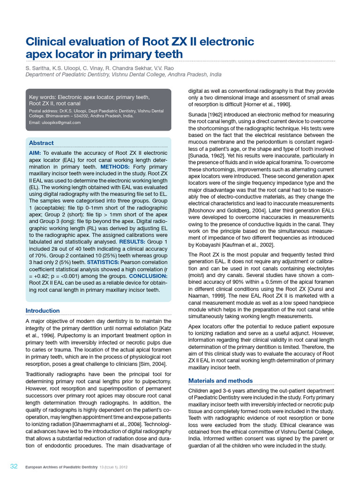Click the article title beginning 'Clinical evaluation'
[139, 48]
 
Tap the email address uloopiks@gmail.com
[55, 122]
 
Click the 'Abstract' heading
[41, 142]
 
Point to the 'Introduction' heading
[43, 310]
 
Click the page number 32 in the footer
[14, 466]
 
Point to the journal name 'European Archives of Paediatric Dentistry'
[60, 467]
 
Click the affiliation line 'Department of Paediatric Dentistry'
[123, 75]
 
